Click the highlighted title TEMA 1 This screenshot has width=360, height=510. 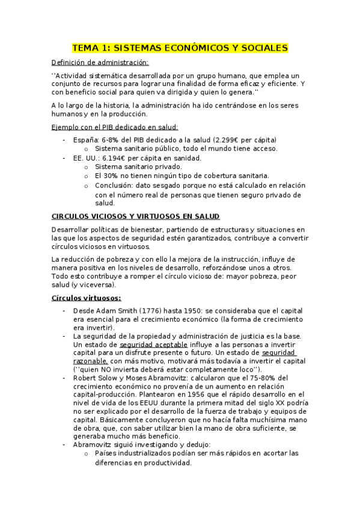pyautogui.click(x=180, y=48)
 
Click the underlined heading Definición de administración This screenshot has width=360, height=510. pyautogui.click(x=100, y=62)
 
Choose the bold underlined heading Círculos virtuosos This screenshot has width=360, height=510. pyautogui.click(x=87, y=298)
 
